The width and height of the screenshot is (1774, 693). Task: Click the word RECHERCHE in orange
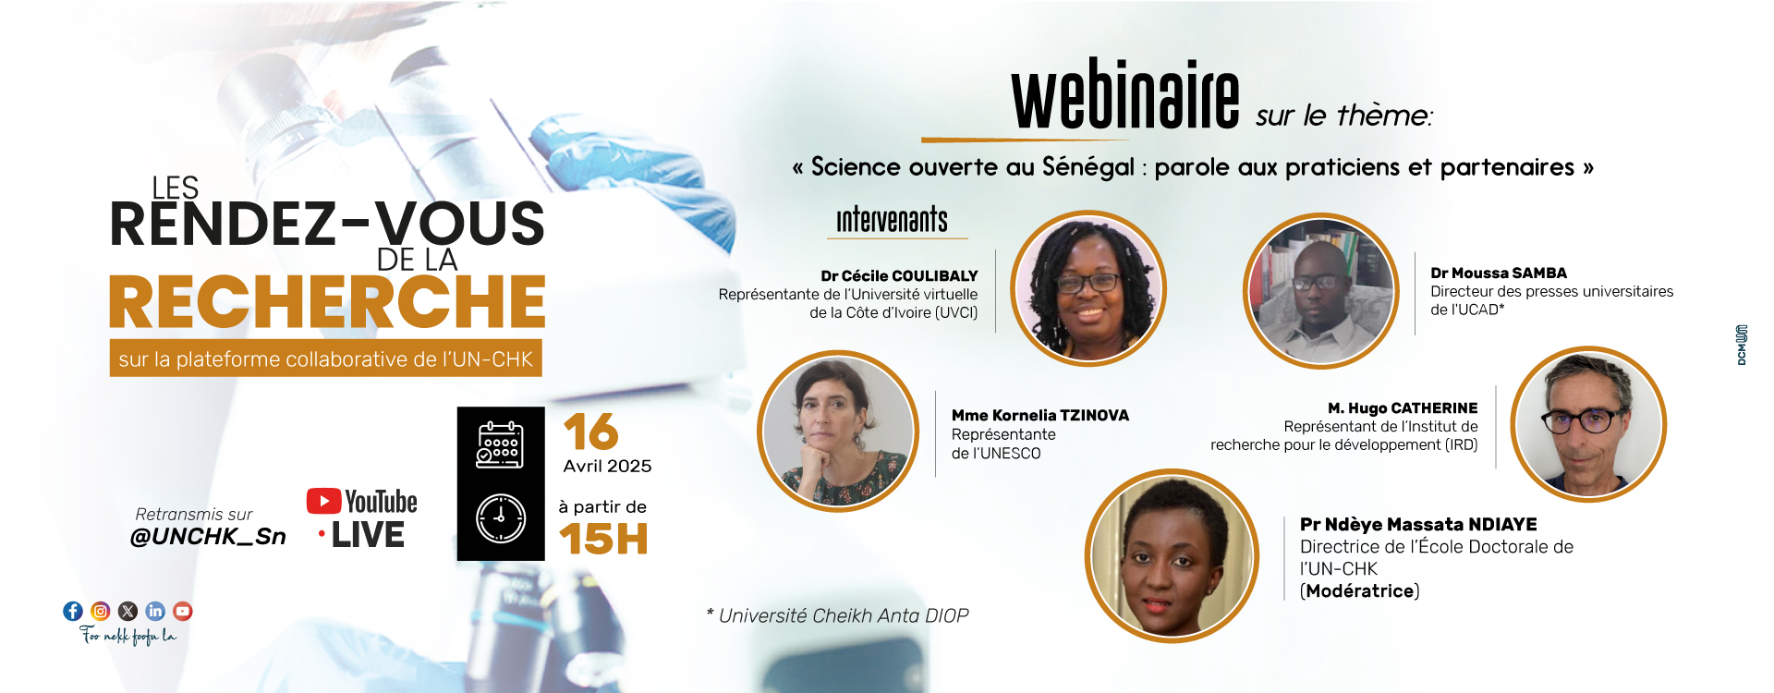pos(327,302)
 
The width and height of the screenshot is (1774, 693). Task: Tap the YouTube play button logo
pos(323,501)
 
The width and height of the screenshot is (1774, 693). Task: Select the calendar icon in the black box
pos(500,444)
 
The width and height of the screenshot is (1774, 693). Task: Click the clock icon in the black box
pos(501,518)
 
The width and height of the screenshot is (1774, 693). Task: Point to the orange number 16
pos(591,432)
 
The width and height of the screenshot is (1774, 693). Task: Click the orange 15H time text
pos(603,539)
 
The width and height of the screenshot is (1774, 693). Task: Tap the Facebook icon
pos(73,611)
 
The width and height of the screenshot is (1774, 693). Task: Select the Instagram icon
pos(101,611)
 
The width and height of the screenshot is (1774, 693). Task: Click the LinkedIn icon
pos(155,611)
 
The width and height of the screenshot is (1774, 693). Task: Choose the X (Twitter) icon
pos(128,611)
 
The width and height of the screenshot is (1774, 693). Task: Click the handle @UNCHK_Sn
pos(208,537)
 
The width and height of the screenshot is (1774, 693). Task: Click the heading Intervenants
pos(892,220)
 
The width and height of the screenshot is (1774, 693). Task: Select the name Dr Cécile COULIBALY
pos(899,276)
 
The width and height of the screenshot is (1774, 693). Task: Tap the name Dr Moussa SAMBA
pos(1499,274)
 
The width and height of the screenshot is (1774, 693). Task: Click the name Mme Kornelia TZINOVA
pos(1040,416)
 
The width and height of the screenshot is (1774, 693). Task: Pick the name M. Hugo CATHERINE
pos(1403,408)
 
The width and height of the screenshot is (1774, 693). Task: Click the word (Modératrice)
pos(1360,591)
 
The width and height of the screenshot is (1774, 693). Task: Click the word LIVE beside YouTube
pos(368,536)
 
